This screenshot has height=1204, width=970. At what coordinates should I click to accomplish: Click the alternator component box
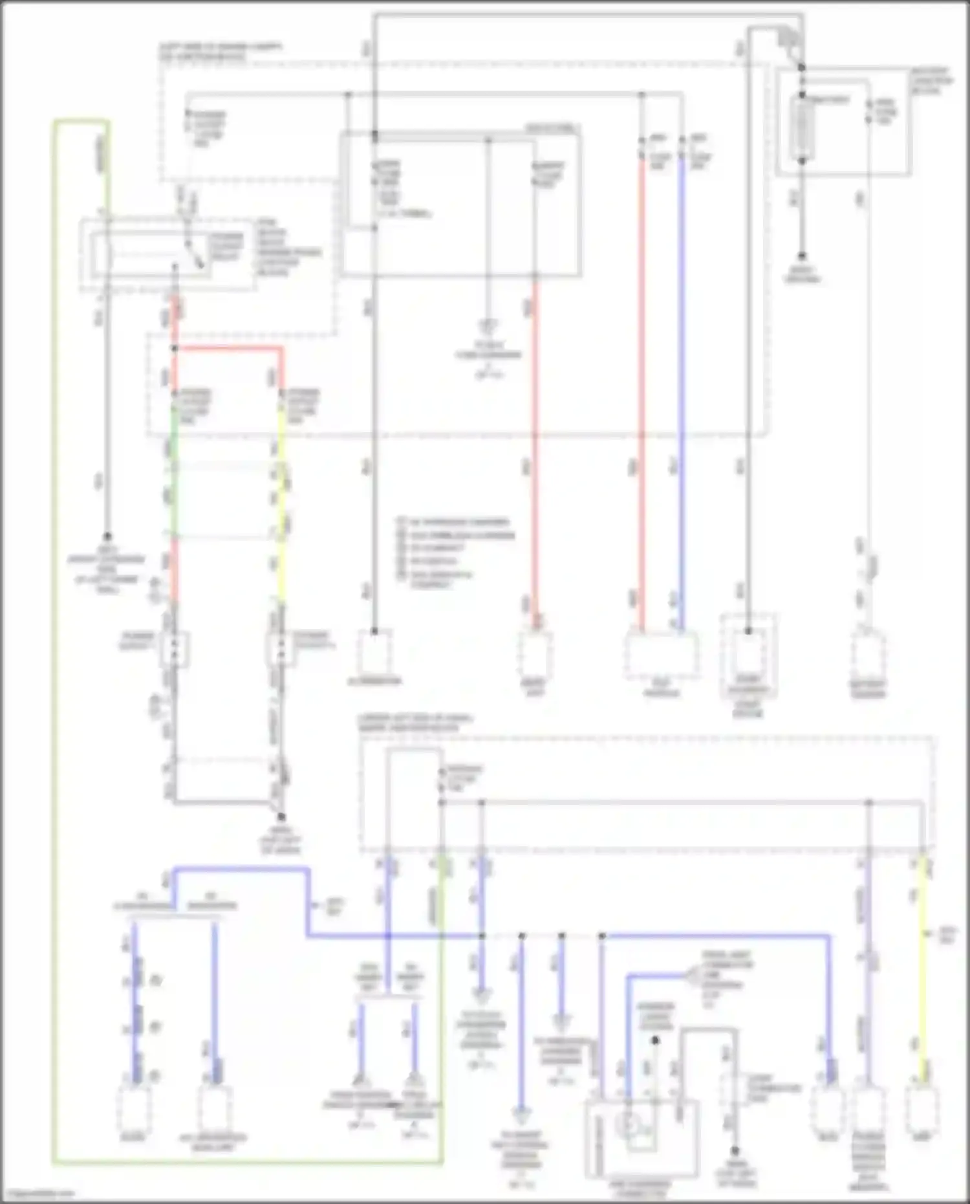coord(374,653)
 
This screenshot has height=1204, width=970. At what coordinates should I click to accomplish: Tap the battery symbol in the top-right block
coord(802,127)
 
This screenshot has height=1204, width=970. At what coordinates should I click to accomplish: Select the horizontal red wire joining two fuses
coord(228,349)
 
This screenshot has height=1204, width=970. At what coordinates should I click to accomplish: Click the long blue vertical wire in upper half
coord(681,388)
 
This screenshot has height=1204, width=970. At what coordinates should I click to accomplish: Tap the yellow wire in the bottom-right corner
coord(923,970)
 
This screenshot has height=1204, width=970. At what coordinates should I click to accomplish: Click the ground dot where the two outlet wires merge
coord(281,817)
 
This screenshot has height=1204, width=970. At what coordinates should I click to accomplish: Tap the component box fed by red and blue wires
coord(661,655)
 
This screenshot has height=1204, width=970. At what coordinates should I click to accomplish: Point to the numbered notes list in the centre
coord(456,552)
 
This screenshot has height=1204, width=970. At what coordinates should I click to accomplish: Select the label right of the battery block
coord(931,81)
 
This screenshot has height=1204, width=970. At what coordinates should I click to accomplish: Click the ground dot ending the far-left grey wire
coord(107,536)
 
